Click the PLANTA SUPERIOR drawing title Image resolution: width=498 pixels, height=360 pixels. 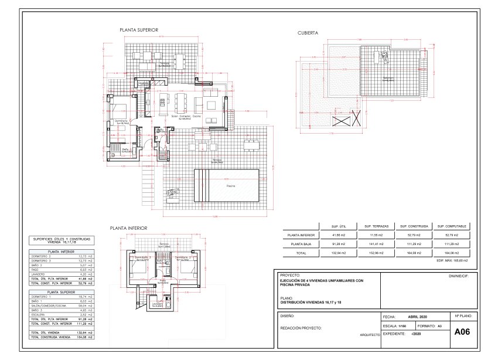pyautogui.click(x=139, y=29)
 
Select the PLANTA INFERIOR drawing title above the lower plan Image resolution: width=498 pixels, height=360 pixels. pyautogui.click(x=128, y=227)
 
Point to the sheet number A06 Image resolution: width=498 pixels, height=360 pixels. pyautogui.click(x=462, y=331)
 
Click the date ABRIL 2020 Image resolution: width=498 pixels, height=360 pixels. pyautogui.click(x=421, y=315)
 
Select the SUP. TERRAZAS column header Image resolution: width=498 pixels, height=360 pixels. pyautogui.click(x=375, y=225)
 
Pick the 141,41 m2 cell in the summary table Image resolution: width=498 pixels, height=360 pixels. pyautogui.click(x=375, y=243)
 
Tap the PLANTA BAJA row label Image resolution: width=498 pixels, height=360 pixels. pyautogui.click(x=301, y=243)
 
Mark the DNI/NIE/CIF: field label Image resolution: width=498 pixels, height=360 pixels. pyautogui.click(x=459, y=274)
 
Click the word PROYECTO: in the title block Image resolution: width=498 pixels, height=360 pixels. pyautogui.click(x=291, y=274)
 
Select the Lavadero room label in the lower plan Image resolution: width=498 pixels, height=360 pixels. pyautogui.click(x=157, y=304)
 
